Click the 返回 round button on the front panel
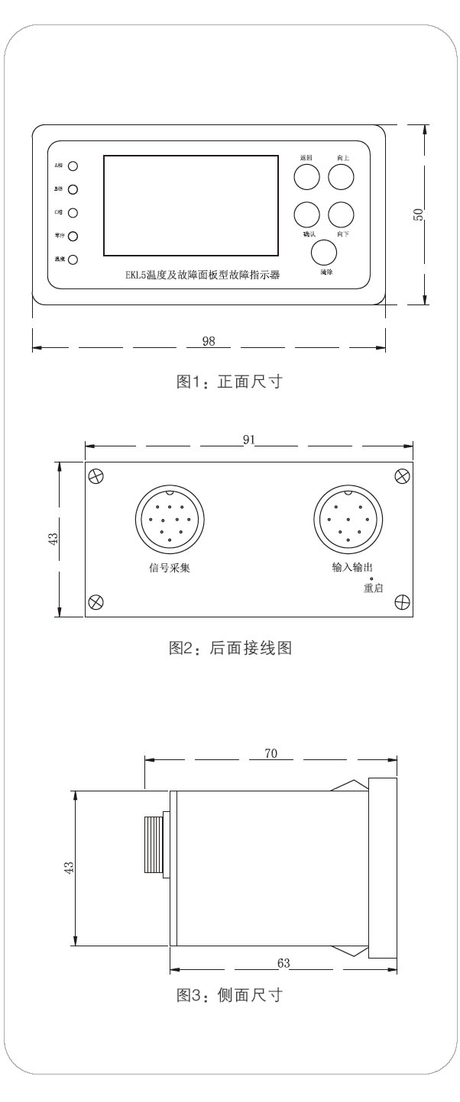click(x=306, y=176)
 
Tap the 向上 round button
click(x=342, y=176)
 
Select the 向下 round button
click(x=342, y=214)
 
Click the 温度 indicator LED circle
click(x=73, y=259)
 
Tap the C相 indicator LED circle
click(x=73, y=213)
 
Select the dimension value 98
click(x=208, y=342)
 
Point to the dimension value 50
click(x=418, y=214)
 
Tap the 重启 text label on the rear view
click(x=373, y=588)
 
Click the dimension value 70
click(x=271, y=753)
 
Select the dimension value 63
click(x=283, y=963)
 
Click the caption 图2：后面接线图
click(x=231, y=649)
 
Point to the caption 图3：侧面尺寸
click(x=231, y=995)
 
